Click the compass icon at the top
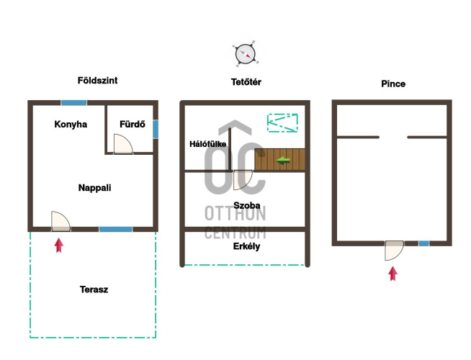tap(246, 54)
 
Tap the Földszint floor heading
tap(98, 81)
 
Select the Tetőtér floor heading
tap(246, 82)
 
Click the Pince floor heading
tap(393, 84)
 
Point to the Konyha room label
tap(71, 125)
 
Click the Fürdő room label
tap(133, 124)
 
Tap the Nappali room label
tap(94, 188)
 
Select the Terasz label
tap(94, 289)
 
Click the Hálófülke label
tap(208, 144)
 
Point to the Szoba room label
tap(247, 205)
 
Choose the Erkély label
tap(246, 246)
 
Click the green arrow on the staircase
tap(283, 161)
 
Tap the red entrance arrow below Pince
tap(393, 274)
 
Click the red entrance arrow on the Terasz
tap(59, 246)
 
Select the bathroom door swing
tap(123, 144)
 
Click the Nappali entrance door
tap(60, 221)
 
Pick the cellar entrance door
tap(395, 251)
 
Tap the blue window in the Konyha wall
tap(74, 103)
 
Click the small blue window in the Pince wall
tap(424, 243)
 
